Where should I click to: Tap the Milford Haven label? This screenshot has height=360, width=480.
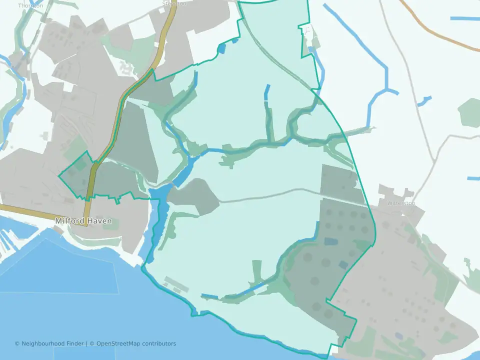[x=83, y=221]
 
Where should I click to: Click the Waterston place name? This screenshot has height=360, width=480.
[x=401, y=203]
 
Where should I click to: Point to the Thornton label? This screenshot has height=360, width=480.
[x=30, y=5]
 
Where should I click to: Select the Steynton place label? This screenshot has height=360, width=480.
[x=174, y=3]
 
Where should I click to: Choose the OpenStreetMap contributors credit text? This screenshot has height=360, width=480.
[x=136, y=343]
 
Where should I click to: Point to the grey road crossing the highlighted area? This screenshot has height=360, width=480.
[x=270, y=193]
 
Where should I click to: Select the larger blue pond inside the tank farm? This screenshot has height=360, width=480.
[x=331, y=241]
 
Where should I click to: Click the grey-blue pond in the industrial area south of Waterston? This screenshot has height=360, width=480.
[x=398, y=335]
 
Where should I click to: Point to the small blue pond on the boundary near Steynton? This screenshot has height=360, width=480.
[x=221, y=48]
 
